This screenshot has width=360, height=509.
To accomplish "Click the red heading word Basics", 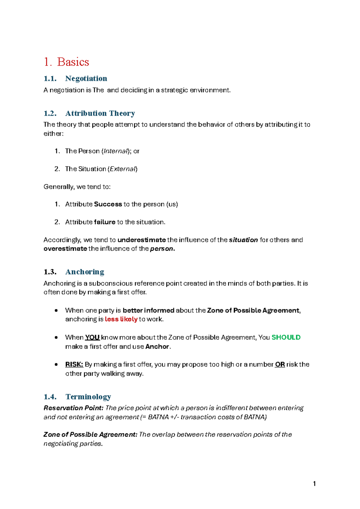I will (73, 62).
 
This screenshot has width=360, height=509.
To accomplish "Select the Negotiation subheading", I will (86, 79).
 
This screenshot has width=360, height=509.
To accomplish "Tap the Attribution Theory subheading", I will (100, 113).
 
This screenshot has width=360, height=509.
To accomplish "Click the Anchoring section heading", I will (85, 272).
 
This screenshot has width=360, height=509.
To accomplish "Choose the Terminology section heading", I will (88, 397).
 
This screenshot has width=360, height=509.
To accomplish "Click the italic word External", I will (123, 169).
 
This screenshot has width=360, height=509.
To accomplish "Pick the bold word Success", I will (108, 204).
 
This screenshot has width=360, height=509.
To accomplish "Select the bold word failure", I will (104, 222).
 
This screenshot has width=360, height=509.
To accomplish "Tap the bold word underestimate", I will (142, 240).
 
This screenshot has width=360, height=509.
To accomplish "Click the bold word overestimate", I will (65, 249).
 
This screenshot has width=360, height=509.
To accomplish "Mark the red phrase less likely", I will (121, 319).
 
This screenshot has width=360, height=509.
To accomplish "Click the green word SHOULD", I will (286, 337).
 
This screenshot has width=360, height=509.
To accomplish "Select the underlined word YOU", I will (92, 337).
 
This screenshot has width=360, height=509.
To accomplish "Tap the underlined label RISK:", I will (74, 364).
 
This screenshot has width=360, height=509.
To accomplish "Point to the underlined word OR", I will (280, 364).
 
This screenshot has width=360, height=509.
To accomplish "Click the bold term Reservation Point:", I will (73, 408).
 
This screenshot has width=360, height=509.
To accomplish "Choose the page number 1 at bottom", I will (314, 483).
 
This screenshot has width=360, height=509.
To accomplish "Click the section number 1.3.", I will (50, 272).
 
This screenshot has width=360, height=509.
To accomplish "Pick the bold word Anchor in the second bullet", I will (157, 347).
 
